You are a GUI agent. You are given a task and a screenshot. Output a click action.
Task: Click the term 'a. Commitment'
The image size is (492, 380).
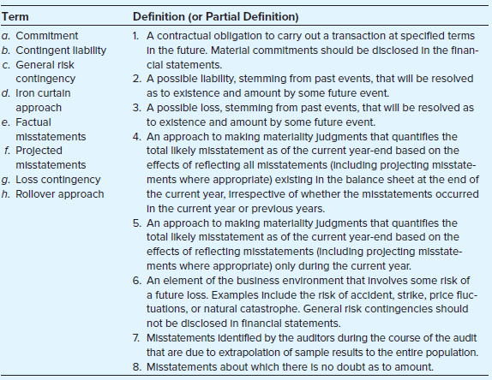pos(40,36)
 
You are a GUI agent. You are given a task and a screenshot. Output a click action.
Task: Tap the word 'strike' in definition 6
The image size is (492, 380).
pos(389,295)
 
